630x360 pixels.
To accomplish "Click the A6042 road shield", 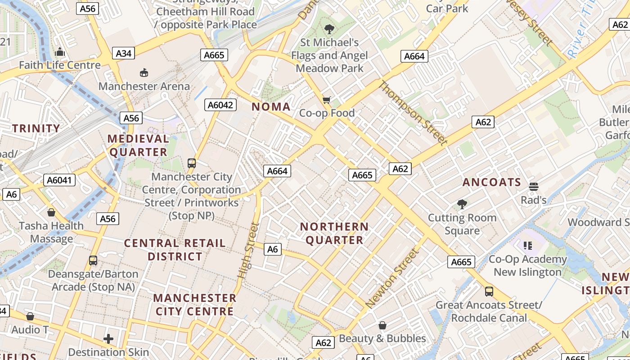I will click(x=220, y=105).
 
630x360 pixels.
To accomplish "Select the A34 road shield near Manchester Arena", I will click(x=123, y=54).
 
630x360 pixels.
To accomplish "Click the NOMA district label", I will click(x=271, y=107).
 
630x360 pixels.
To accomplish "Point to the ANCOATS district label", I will click(x=492, y=182).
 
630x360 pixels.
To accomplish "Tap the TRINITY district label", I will click(x=36, y=129).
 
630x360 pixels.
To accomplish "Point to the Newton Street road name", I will click(x=392, y=279).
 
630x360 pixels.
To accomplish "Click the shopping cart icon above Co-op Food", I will click(x=327, y=100).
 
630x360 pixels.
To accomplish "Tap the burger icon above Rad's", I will click(x=534, y=186).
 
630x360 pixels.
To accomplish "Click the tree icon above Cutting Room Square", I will click(x=462, y=204).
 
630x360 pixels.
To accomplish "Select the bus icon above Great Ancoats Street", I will click(x=489, y=291).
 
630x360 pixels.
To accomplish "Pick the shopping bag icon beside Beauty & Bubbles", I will click(x=382, y=325).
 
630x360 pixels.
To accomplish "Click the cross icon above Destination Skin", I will click(x=108, y=338).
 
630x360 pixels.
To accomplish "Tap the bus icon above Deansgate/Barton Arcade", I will click(x=93, y=260).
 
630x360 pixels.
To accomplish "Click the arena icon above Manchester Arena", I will click(x=144, y=72).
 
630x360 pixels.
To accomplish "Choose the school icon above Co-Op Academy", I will click(x=527, y=246).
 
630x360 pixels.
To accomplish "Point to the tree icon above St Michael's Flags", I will click(x=329, y=29).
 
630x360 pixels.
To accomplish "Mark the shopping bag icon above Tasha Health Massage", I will click(x=51, y=212).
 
